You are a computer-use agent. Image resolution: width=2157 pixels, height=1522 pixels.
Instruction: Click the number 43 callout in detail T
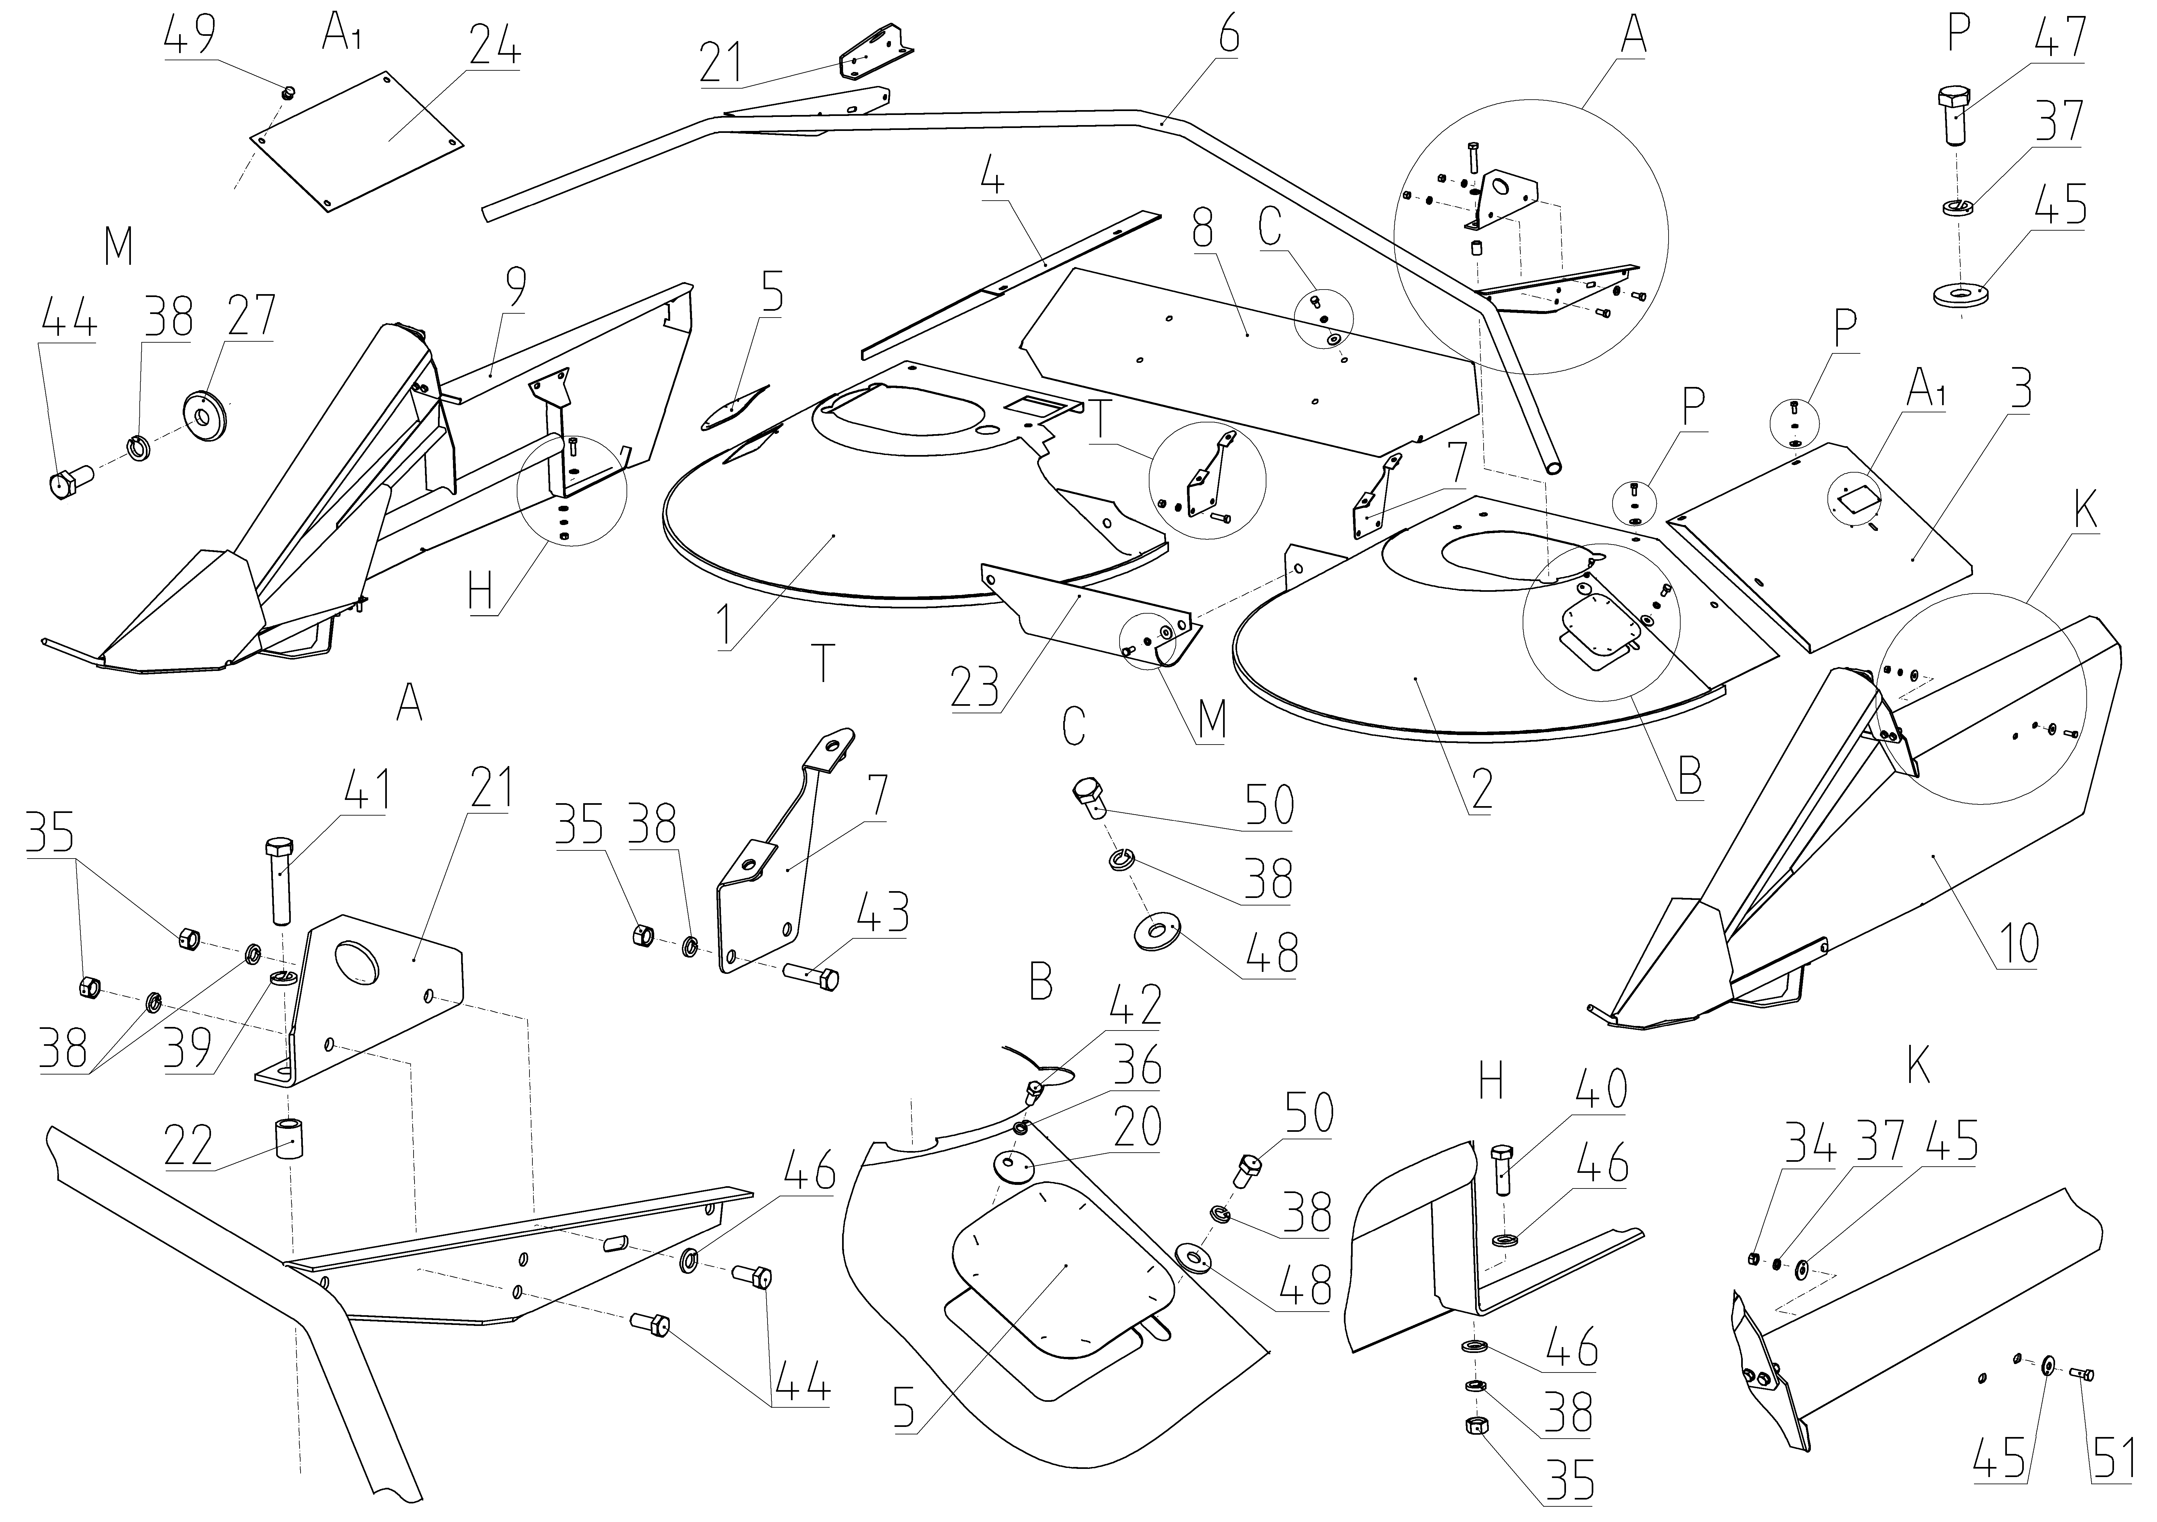click(883, 911)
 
